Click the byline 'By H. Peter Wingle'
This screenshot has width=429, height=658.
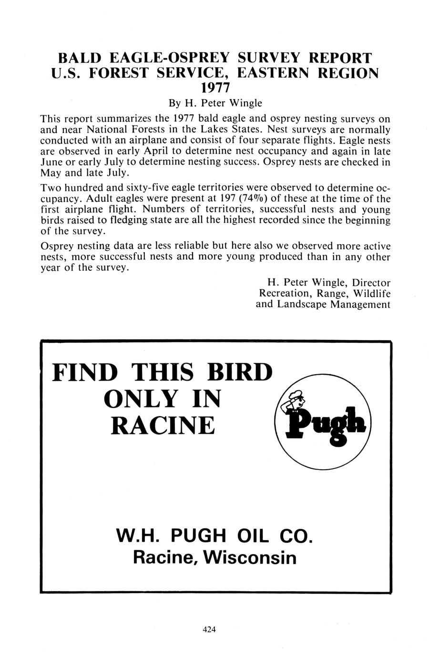tap(215, 103)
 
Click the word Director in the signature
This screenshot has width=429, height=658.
tap(371, 283)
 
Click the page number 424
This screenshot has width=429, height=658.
tap(209, 630)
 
